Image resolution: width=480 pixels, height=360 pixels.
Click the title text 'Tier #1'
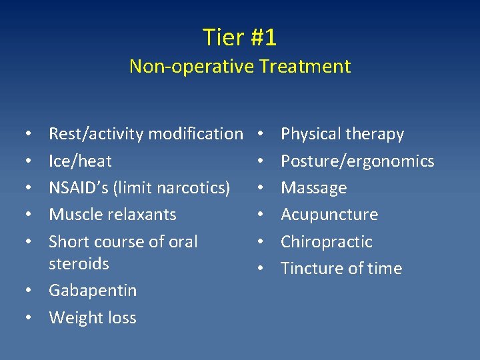[239, 37]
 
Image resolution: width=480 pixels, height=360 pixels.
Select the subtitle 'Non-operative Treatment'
[239, 66]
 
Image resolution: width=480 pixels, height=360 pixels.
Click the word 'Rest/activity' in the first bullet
[96, 134]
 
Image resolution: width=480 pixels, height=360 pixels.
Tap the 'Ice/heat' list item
[80, 161]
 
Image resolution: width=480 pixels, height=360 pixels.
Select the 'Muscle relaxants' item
[113, 214]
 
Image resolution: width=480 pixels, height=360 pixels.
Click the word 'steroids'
[79, 263]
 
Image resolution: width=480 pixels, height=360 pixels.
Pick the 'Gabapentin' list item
[93, 291]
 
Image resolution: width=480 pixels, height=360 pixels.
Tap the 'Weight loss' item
[93, 317]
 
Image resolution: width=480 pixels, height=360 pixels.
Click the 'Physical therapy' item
[342, 134]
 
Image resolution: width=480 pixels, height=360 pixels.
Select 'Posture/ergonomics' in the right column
[357, 161]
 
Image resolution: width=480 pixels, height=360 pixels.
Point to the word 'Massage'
[313, 188]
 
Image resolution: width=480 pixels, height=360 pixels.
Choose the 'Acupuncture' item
[329, 215]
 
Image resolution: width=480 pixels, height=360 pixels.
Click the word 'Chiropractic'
[327, 241]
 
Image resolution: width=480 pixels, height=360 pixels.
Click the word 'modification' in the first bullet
[195, 134]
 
